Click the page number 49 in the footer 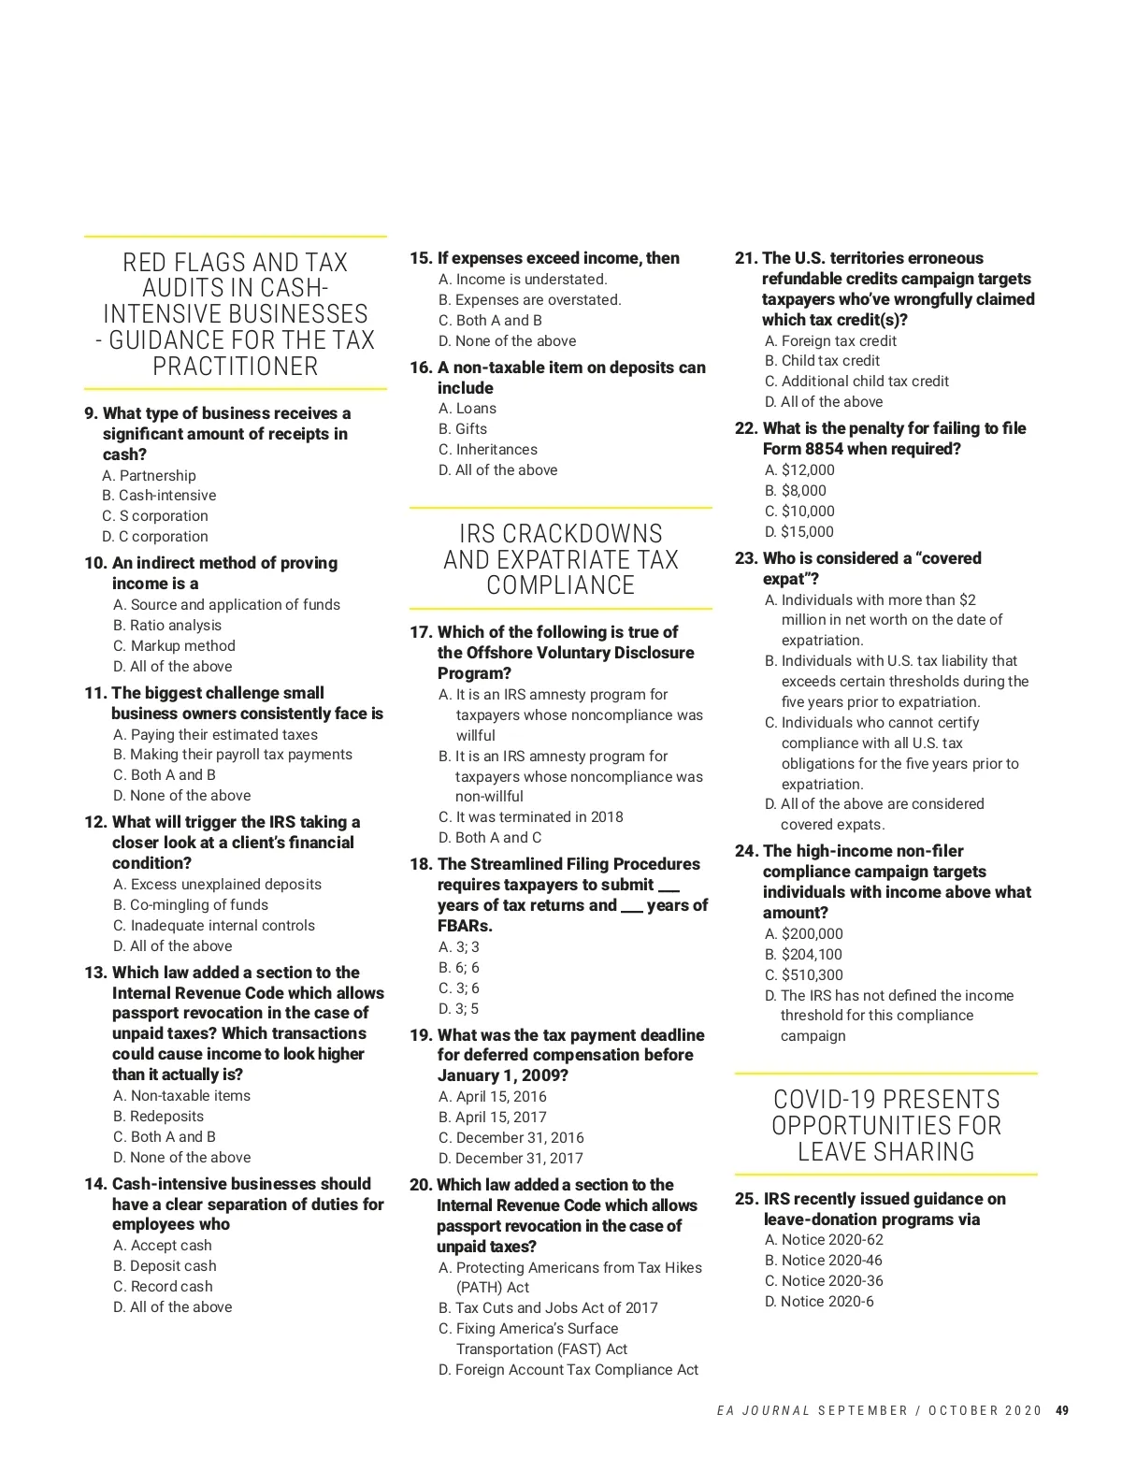pyautogui.click(x=1061, y=1411)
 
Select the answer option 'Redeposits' pyautogui.click(x=158, y=1117)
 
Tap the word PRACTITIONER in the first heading pyautogui.click(x=235, y=367)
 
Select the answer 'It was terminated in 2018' pyautogui.click(x=530, y=817)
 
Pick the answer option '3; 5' pyautogui.click(x=458, y=1009)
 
